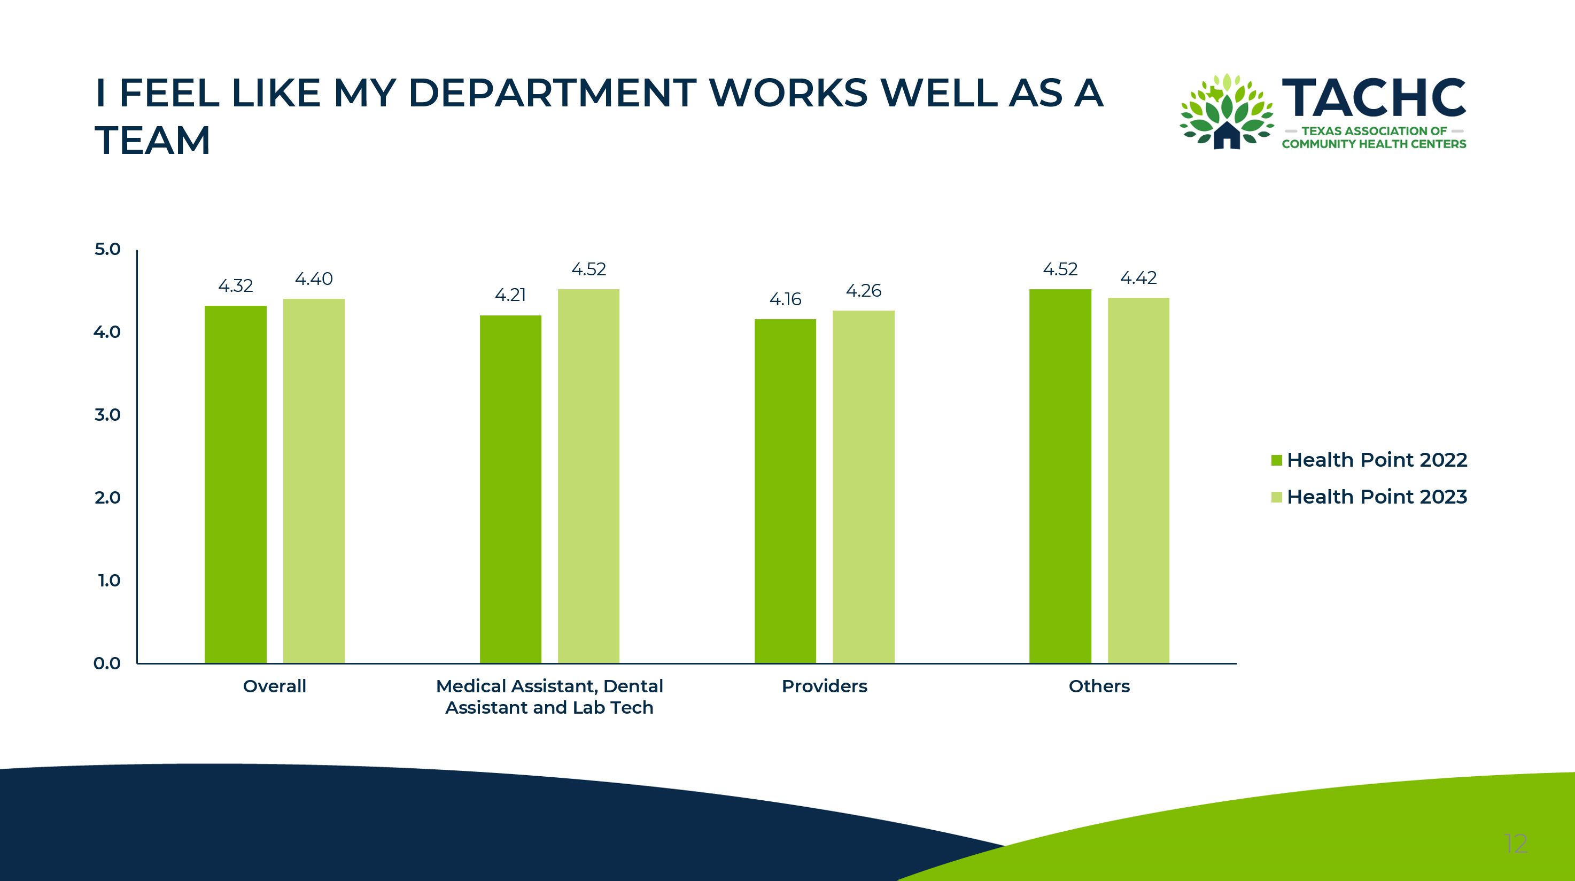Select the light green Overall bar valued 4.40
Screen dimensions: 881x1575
314,481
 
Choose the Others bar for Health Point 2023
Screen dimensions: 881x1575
1138,480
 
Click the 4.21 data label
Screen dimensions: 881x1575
510,295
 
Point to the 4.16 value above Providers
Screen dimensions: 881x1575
785,299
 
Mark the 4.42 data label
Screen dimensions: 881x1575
1138,278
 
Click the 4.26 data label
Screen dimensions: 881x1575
863,290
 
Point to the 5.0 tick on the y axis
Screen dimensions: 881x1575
107,250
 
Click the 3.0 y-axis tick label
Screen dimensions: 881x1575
107,415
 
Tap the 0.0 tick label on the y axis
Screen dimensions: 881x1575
107,663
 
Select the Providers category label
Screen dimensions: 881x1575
824,686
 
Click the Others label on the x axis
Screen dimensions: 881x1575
1099,686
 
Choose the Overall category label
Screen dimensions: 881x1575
275,686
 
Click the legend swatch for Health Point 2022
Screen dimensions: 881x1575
1276,460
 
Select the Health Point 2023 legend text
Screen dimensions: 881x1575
1376,497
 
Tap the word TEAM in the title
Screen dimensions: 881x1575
153,141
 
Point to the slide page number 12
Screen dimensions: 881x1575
1516,844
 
